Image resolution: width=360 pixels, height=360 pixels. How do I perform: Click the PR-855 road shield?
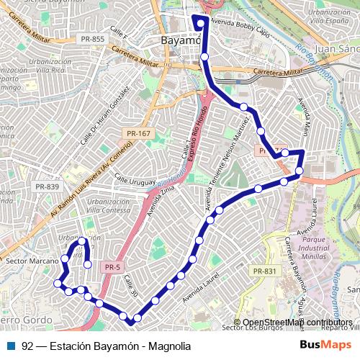(x=93, y=39)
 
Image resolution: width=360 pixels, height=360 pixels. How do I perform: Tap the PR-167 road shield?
(x=139, y=133)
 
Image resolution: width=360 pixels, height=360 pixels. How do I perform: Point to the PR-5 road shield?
(x=112, y=267)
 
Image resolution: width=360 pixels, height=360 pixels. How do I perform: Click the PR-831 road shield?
(x=265, y=271)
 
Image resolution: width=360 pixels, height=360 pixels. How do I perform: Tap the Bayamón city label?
(x=180, y=40)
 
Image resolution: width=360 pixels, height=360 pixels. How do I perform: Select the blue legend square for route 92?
(x=12, y=346)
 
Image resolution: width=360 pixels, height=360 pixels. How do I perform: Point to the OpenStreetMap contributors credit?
(x=297, y=323)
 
